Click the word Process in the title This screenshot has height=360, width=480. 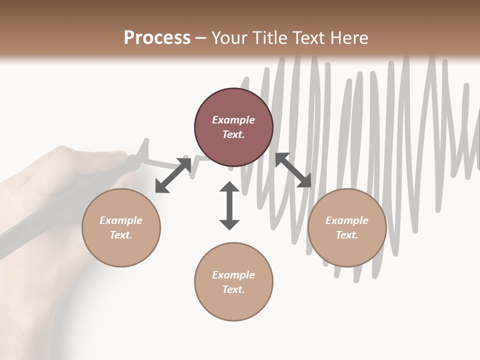click(157, 38)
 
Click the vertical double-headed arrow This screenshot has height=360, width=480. click(229, 205)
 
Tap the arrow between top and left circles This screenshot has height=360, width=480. click(173, 175)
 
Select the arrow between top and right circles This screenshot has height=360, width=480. click(293, 170)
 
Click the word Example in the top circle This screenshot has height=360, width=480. click(233, 120)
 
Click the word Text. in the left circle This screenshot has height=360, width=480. click(121, 235)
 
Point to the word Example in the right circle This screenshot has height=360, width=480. click(347, 220)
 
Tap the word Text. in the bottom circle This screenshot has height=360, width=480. click(233, 289)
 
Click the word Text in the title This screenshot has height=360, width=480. click(309, 38)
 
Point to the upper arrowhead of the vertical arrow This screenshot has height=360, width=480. click(229, 188)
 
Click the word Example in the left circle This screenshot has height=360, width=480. click(121, 220)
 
